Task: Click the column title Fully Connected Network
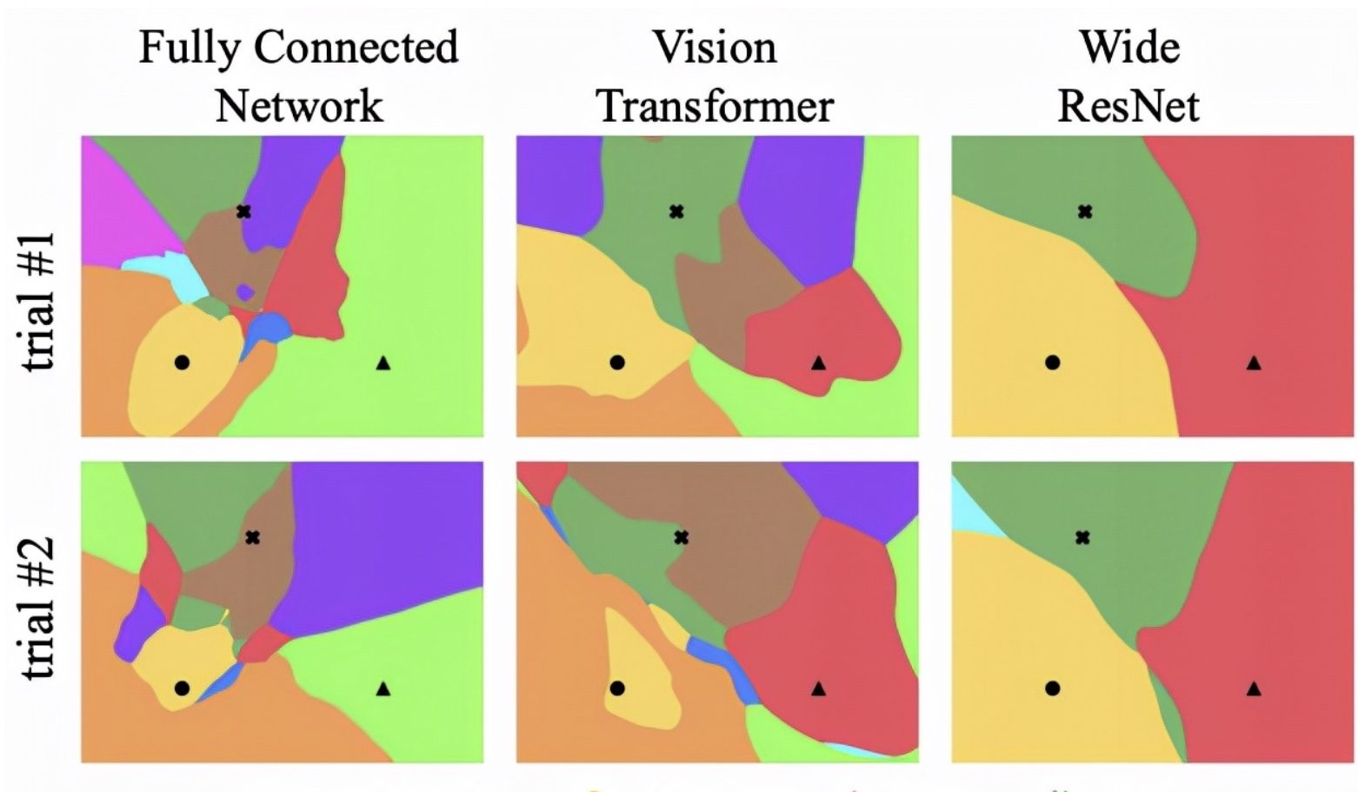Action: pyautogui.click(x=298, y=77)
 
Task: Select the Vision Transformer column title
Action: pyautogui.click(x=715, y=77)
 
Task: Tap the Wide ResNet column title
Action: pyautogui.click(x=1128, y=77)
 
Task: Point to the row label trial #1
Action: pyautogui.click(x=40, y=301)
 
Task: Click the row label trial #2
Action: pyautogui.click(x=40, y=609)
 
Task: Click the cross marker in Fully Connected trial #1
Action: pyautogui.click(x=243, y=211)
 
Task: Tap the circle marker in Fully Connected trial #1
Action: pyautogui.click(x=182, y=363)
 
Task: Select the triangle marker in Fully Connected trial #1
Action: pyautogui.click(x=383, y=363)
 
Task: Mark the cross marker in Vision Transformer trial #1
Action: pyautogui.click(x=676, y=211)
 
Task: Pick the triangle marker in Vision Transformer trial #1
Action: pyautogui.click(x=818, y=363)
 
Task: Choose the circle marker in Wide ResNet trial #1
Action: pyautogui.click(x=1052, y=363)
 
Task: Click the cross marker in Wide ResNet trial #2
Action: pyautogui.click(x=1082, y=537)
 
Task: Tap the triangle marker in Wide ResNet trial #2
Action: pyautogui.click(x=1254, y=689)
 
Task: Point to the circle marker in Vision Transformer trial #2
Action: pyautogui.click(x=617, y=689)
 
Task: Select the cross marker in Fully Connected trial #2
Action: pyautogui.click(x=252, y=537)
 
